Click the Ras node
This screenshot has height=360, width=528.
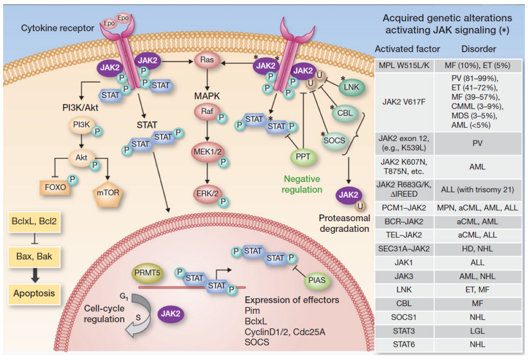[x=207, y=63]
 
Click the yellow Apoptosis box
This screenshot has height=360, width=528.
[x=35, y=293]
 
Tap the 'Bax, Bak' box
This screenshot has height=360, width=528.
[x=35, y=256]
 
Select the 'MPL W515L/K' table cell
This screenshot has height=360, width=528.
[x=404, y=66]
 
